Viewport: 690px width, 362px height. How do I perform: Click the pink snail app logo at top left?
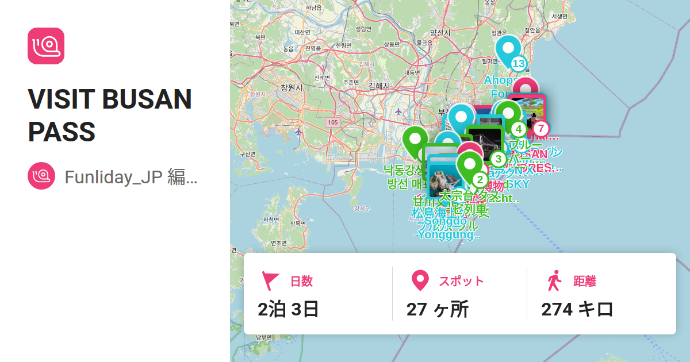[46, 46]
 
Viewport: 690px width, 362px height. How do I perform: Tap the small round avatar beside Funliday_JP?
[41, 176]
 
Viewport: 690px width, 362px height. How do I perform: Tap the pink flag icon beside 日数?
[270, 281]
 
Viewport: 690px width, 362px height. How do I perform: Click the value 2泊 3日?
[289, 309]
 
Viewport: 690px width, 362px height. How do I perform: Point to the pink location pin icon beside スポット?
[421, 281]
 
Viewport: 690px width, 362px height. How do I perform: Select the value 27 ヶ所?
[438, 309]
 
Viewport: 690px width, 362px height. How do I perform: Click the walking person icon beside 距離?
[554, 281]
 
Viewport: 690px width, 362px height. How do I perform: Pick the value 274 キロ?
[577, 309]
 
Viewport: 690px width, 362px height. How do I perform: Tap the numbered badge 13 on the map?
[519, 64]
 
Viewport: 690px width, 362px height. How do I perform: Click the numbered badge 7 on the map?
[540, 128]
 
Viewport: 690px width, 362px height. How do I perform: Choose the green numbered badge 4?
[519, 129]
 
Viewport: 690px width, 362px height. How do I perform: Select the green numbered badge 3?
[498, 159]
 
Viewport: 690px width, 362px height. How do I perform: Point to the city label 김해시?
[379, 86]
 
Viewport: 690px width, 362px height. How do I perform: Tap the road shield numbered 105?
[332, 122]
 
